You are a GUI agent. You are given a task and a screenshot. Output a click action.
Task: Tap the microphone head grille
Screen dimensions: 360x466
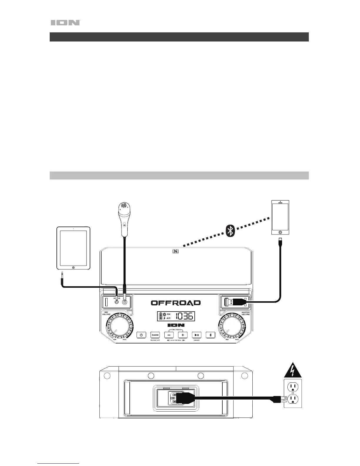coord(124,206)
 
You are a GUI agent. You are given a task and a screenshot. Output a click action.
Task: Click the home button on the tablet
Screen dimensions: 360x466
coord(74,267)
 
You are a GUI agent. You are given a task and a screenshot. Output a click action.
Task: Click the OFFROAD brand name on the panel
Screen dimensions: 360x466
coord(176,303)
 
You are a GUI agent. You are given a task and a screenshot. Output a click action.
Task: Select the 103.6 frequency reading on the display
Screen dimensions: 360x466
coord(184,317)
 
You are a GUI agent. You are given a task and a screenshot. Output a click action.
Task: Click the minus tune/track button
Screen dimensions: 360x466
coord(169,335)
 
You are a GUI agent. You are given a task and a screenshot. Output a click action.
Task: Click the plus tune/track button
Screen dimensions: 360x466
coord(183,335)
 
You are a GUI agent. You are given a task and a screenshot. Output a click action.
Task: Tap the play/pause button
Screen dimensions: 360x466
coord(197,335)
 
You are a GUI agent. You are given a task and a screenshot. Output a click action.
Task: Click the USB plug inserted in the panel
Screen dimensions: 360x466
coord(235,302)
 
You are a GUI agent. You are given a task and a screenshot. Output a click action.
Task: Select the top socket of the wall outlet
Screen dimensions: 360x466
coord(293,386)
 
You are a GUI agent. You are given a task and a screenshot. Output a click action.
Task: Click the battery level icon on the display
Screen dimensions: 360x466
coord(161,316)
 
